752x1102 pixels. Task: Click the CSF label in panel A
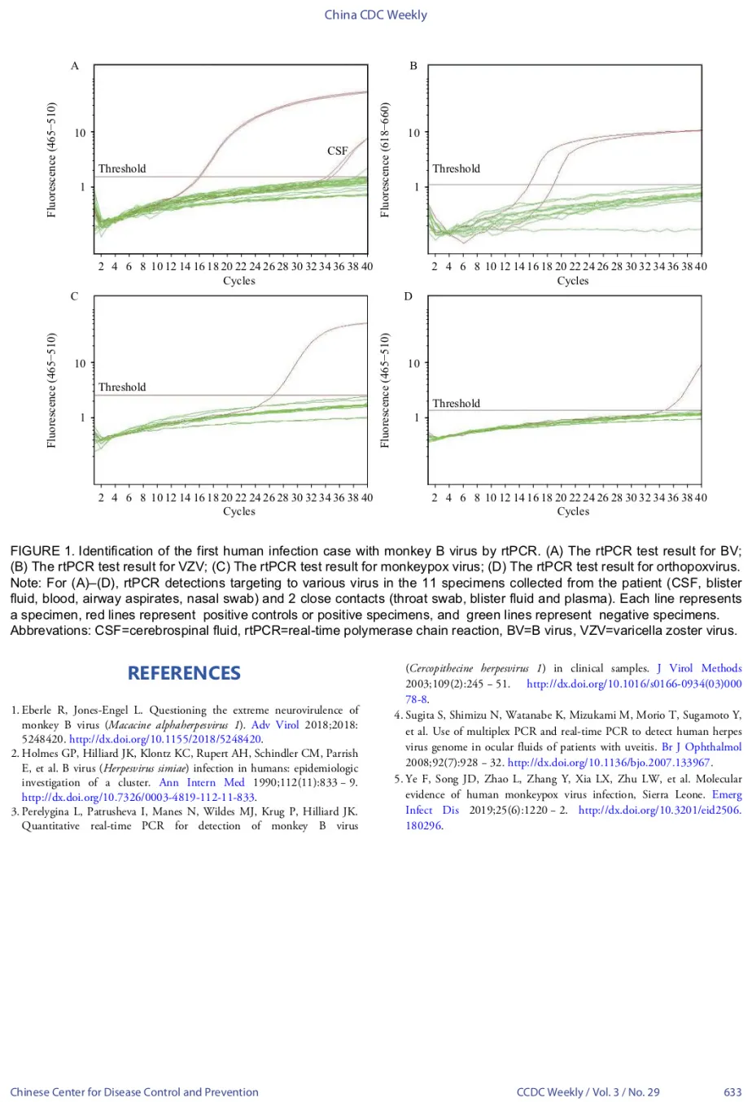click(338, 151)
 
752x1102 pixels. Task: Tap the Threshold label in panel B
click(456, 168)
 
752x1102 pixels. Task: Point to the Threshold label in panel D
click(456, 404)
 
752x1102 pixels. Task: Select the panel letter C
click(74, 296)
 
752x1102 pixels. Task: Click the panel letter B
click(413, 66)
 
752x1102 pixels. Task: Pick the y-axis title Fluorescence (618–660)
click(385, 160)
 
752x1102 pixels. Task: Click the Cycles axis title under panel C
click(239, 512)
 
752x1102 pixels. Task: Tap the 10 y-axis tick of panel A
click(80, 133)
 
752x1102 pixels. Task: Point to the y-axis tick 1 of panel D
click(417, 418)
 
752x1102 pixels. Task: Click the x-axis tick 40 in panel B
click(701, 267)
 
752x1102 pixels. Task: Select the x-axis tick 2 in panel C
click(101, 497)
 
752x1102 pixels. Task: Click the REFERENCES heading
click(184, 673)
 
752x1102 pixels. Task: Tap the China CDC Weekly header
click(376, 15)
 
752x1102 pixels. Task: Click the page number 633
click(732, 1091)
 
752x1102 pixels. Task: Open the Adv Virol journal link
click(275, 724)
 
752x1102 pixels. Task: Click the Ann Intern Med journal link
click(202, 782)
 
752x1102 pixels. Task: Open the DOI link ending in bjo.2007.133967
click(609, 763)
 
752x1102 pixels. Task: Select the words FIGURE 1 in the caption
click(42, 551)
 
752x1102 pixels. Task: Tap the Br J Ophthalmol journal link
click(702, 747)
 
